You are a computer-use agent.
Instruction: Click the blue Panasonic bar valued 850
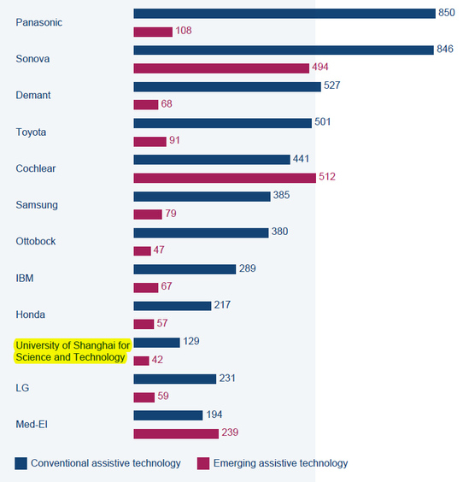[x=284, y=14]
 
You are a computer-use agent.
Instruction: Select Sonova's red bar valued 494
[x=221, y=68]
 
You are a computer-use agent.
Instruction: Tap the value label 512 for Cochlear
[x=327, y=177]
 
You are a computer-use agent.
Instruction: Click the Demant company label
[x=33, y=96]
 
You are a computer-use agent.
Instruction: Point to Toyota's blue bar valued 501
[x=222, y=123]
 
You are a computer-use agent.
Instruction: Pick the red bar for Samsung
[x=148, y=215]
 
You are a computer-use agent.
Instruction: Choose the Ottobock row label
[x=36, y=241]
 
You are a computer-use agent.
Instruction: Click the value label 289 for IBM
[x=248, y=268]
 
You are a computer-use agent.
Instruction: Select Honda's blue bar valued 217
[x=173, y=306]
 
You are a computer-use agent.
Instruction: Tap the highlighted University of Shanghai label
[x=73, y=351]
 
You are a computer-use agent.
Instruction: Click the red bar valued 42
[x=141, y=361]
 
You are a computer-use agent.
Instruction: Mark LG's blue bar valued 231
[x=175, y=379]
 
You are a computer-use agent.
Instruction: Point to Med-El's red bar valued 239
[x=176, y=434]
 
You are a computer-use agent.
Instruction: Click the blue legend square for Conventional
[x=21, y=463]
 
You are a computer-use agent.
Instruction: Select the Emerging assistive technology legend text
[x=280, y=463]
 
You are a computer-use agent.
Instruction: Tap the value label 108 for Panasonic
[x=184, y=31]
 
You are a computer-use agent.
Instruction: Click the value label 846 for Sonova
[x=445, y=49]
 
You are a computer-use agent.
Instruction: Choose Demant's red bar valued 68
[x=146, y=104]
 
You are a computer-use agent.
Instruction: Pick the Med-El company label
[x=32, y=425]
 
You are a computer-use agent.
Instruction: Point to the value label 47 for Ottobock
[x=159, y=250]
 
